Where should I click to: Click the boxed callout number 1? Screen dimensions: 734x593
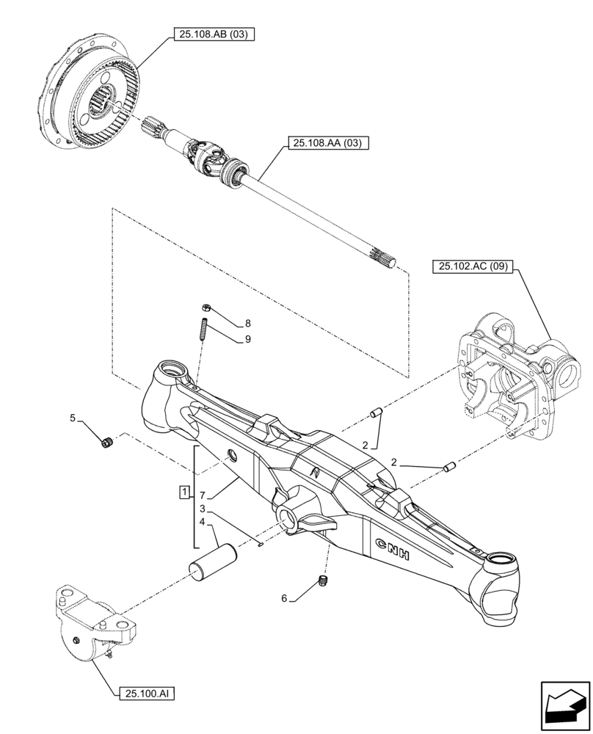(x=183, y=490)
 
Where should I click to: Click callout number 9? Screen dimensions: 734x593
(x=247, y=338)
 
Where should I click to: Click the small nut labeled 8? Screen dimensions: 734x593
(x=205, y=310)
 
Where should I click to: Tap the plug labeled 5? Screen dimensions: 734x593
(x=108, y=442)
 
